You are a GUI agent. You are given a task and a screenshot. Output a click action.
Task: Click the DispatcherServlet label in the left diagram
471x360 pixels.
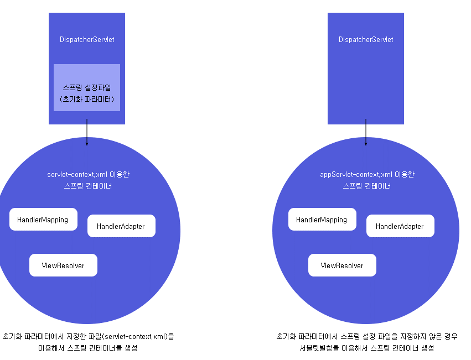point(87,39)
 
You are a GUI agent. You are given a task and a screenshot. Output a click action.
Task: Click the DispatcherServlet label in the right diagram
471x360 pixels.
point(366,39)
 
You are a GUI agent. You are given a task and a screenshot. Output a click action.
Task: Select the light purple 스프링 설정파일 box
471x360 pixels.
point(87,87)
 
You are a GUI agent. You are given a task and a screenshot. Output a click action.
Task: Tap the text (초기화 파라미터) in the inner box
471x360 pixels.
point(87,99)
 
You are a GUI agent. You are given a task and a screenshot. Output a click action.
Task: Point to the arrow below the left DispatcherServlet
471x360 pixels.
point(87,132)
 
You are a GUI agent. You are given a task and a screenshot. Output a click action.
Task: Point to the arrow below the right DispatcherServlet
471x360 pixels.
point(366,132)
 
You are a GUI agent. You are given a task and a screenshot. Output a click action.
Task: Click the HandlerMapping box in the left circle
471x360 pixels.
point(43,219)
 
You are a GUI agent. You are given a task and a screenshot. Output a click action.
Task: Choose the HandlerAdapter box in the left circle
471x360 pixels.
point(121,226)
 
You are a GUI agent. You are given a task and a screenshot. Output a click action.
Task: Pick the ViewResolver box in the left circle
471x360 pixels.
point(63,265)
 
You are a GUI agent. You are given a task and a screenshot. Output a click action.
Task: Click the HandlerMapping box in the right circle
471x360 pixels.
point(322,219)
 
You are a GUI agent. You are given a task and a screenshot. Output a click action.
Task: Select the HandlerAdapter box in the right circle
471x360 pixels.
point(400,226)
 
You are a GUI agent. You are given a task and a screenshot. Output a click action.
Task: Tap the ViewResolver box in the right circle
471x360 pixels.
point(342,265)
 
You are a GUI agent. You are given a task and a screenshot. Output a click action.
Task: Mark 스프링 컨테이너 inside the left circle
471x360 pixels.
point(87,186)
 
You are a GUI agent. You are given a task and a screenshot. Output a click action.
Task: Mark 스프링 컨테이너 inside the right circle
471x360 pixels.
point(367,186)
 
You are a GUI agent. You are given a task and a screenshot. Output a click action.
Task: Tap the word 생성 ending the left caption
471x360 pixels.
point(131,348)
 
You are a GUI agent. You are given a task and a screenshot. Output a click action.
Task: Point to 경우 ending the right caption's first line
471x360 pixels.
point(451,337)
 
